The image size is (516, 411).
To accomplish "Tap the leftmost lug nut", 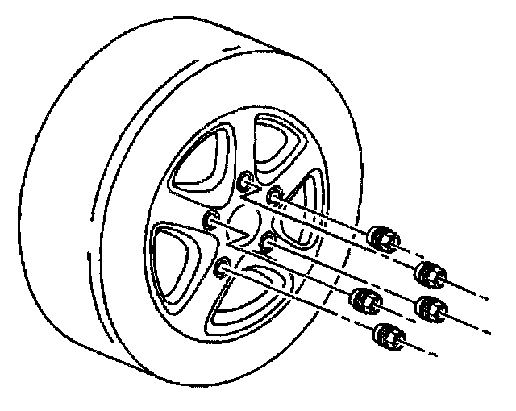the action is (x=364, y=299).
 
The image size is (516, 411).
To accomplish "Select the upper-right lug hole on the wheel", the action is (x=275, y=194).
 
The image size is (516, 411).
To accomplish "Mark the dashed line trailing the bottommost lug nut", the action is (x=427, y=350).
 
